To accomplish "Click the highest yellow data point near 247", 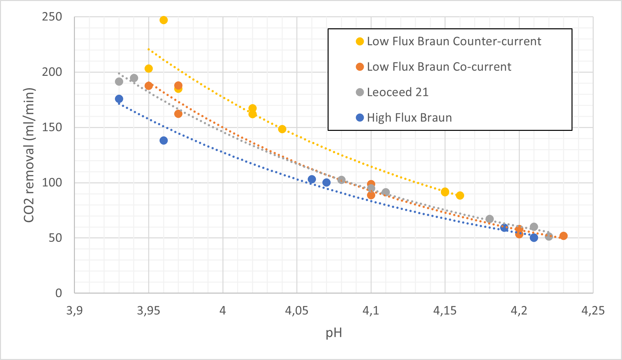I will click(x=163, y=20).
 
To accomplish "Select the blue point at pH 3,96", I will click(x=163, y=141).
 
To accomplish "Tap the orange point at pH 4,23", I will click(x=563, y=236).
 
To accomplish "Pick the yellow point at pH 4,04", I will click(x=282, y=129).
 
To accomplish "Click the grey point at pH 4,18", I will click(x=489, y=219).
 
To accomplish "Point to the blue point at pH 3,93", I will click(x=119, y=99).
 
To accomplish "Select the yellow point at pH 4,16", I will click(x=460, y=196).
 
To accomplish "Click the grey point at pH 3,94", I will click(x=134, y=78).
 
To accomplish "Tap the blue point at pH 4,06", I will click(x=312, y=179).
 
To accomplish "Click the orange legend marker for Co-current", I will click(x=360, y=67).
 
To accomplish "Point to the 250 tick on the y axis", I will click(x=52, y=17).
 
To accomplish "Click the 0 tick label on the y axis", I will click(x=58, y=293).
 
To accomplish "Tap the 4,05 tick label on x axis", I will click(x=296, y=311).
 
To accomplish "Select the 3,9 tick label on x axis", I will click(x=74, y=311).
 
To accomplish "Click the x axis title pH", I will click(x=333, y=333).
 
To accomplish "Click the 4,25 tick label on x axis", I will click(x=593, y=311).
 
